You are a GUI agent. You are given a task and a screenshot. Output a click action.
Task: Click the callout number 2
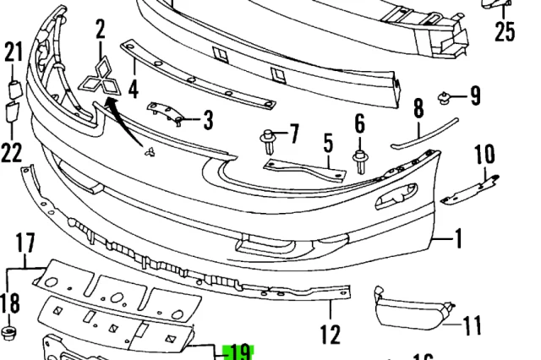point(101,31)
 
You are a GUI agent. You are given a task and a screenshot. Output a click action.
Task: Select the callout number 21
point(13,52)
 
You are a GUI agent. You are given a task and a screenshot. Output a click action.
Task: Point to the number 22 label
point(11,152)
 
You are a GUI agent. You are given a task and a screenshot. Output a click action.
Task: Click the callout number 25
point(505,32)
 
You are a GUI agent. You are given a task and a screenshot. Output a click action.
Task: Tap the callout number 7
point(293,134)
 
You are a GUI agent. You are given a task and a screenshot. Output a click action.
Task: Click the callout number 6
point(360,125)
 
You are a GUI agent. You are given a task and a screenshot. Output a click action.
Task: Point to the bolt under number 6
point(360,160)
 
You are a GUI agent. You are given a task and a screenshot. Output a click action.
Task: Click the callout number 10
point(484,155)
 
